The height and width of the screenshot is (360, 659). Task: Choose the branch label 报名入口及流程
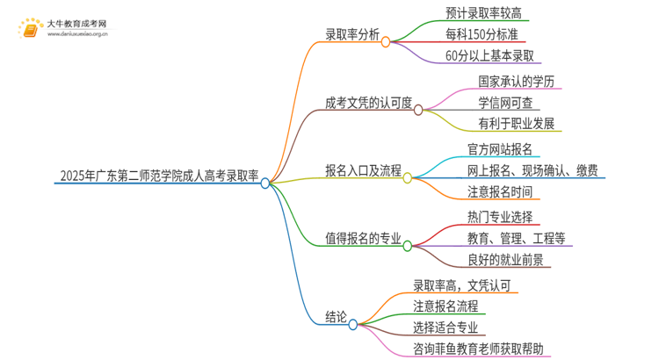coord(363,170)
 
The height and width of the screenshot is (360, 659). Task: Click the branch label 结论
coord(337,317)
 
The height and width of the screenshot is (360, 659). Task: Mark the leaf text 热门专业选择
coord(500,216)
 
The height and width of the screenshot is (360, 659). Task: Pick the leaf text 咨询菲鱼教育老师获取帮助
coord(483,349)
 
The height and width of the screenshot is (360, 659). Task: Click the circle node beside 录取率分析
coord(385,41)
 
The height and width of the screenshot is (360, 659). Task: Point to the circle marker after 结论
coord(353,323)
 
